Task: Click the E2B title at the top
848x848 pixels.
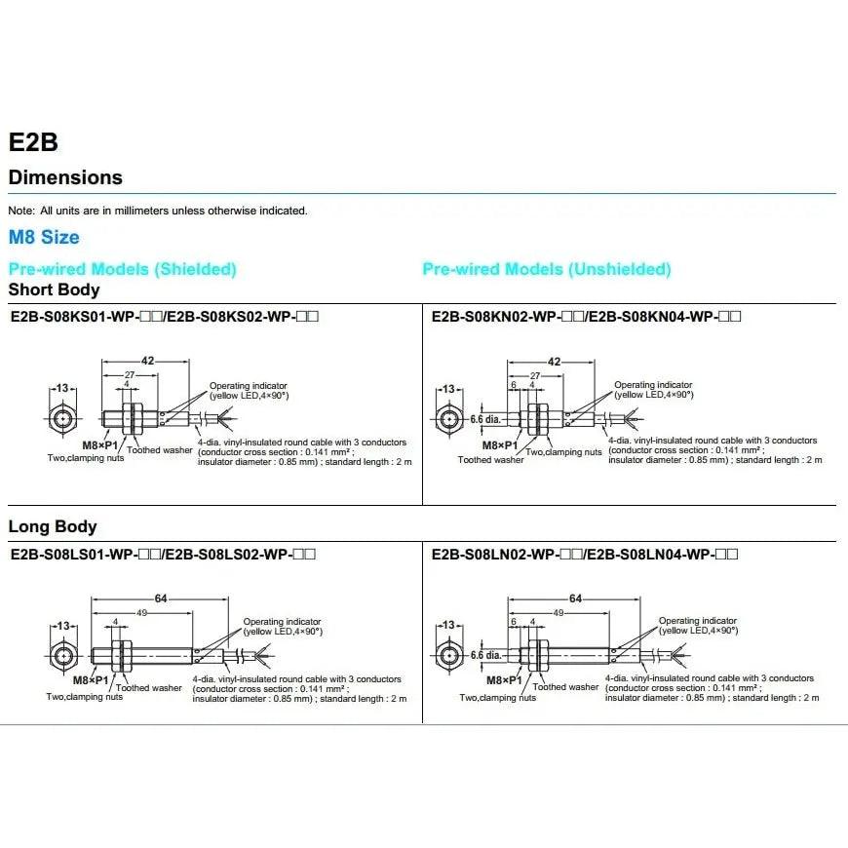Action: [x=33, y=142]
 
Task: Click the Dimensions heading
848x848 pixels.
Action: [x=65, y=177]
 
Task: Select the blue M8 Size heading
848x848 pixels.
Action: [x=44, y=237]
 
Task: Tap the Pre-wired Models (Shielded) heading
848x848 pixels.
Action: [x=122, y=269]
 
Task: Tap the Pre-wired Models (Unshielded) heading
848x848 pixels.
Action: [x=546, y=269]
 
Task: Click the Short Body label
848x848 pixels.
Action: [x=54, y=289]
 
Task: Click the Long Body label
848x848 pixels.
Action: [x=53, y=526]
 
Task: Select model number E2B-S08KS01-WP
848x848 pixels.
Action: [x=83, y=316]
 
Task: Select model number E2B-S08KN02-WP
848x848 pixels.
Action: [x=506, y=316]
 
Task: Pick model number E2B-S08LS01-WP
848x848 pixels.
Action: [x=82, y=555]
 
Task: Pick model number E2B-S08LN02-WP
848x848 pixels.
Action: [x=505, y=555]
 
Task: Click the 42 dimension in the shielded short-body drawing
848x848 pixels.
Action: [x=147, y=361]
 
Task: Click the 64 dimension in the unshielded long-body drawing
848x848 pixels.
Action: [x=575, y=598]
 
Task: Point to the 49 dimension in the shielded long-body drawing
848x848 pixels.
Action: [x=142, y=612]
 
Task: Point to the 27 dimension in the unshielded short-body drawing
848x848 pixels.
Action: [x=534, y=374]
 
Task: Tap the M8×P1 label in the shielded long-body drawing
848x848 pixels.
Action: [x=93, y=678]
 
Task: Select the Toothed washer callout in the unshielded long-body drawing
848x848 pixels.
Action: [x=565, y=687]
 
